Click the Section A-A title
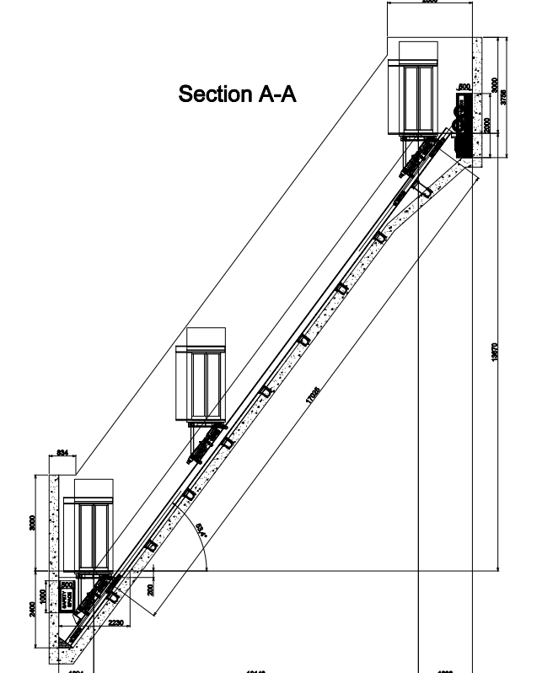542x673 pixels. (x=237, y=94)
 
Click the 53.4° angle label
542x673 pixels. (x=199, y=531)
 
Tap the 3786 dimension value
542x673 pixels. (x=505, y=96)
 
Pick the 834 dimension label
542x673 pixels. (x=62, y=454)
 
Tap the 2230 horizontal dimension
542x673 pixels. (x=117, y=622)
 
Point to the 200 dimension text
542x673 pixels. (x=151, y=589)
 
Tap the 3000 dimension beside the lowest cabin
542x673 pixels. (x=32, y=522)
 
